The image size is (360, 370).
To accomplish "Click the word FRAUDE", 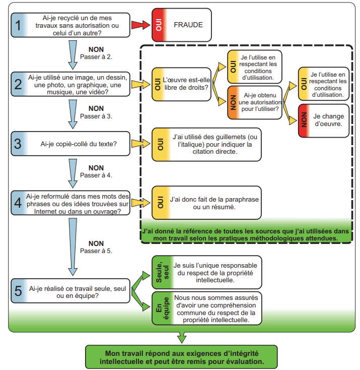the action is point(188,25).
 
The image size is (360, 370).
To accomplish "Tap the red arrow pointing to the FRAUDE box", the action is point(141,25).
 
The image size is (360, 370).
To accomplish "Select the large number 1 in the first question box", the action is point(18,25).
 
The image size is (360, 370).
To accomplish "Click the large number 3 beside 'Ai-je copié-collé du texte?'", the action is point(18,144).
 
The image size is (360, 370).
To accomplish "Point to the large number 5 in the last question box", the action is point(18,291).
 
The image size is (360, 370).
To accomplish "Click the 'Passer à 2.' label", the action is point(96,57).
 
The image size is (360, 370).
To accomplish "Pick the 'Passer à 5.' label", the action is point(96,251).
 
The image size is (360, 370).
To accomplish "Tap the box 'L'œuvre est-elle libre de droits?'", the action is point(182,84).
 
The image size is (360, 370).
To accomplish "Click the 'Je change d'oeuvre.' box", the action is point(323,121).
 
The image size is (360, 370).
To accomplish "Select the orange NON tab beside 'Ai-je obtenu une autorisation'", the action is point(234,103).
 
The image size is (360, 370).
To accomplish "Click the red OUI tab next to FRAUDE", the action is point(159,25).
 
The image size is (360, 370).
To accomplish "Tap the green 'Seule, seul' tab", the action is point(163,272).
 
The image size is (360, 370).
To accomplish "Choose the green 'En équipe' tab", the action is point(163,308).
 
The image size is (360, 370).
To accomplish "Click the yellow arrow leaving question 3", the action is point(141,144).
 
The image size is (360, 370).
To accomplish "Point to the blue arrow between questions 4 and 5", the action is point(73,247).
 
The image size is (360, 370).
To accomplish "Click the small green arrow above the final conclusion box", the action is point(182,337).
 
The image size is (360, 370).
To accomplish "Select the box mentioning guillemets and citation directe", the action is point(206,144).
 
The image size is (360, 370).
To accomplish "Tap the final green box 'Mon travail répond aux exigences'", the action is point(181,357).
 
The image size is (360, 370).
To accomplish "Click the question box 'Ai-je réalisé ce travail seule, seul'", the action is point(70,291).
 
